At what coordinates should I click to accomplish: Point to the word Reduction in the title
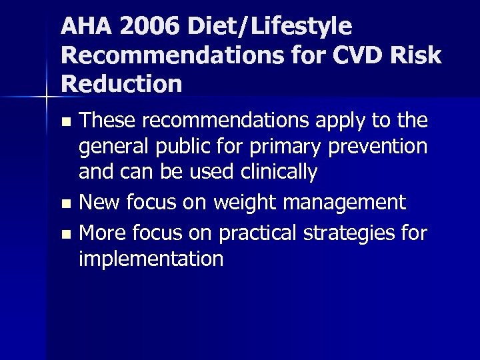(x=121, y=84)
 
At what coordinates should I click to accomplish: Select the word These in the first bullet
(x=107, y=120)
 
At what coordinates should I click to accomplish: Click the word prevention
(x=376, y=147)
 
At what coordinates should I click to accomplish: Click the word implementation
(x=151, y=259)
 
